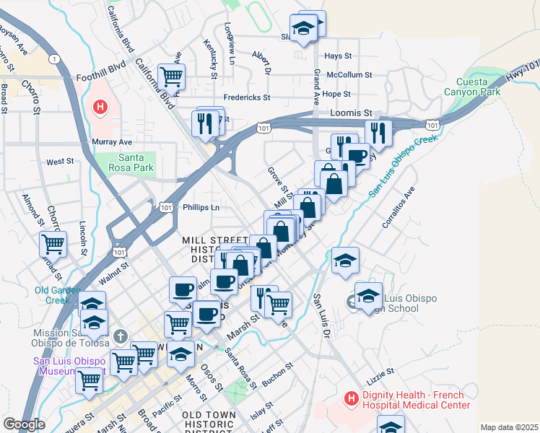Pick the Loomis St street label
pyautogui.click(x=350, y=113)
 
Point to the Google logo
pyautogui.click(x=24, y=424)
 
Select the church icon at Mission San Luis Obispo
pyautogui.click(x=121, y=336)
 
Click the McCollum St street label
pyautogui.click(x=349, y=74)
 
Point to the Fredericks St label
pyautogui.click(x=246, y=97)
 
